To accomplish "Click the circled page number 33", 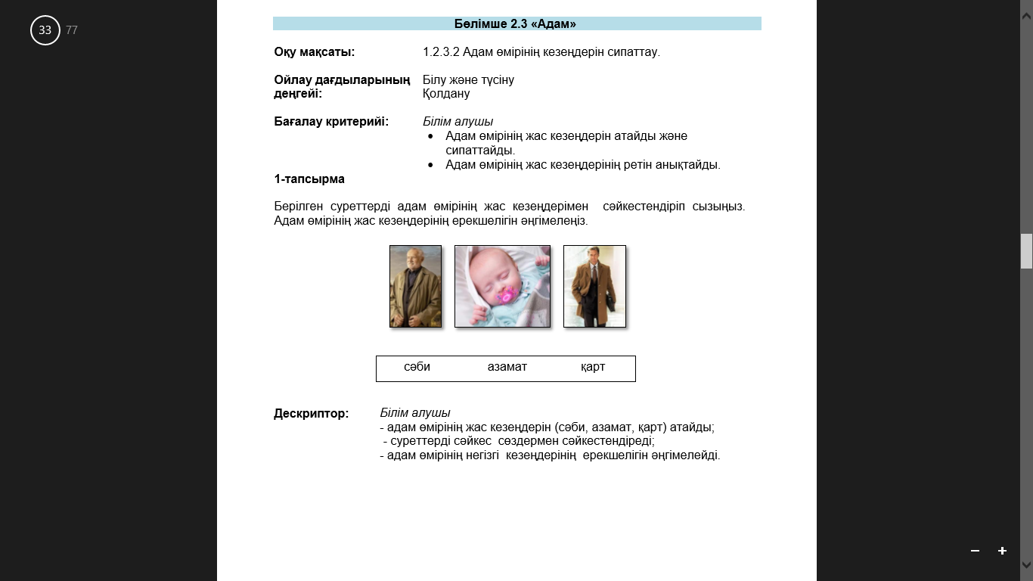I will coord(45,30).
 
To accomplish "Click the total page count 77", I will coord(72,30).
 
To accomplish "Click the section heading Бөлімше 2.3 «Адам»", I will coord(515,24).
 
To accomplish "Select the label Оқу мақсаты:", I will coord(314,52).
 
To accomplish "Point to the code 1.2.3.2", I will coord(441,52).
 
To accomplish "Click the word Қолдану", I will coord(446,94).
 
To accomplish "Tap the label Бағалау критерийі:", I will coord(331,122).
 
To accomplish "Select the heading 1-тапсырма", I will coord(309,179).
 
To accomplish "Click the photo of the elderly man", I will coord(415,286).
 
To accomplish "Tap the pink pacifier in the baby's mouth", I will coord(504,296).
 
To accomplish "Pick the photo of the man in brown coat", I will coord(594,286).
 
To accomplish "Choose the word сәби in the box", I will coord(417,367).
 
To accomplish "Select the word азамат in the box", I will coord(507,367).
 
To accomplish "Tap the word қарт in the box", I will coord(593,367).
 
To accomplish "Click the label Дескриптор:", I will coord(311,414).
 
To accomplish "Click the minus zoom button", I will coord(975,551).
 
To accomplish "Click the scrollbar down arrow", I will coord(1026,564).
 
